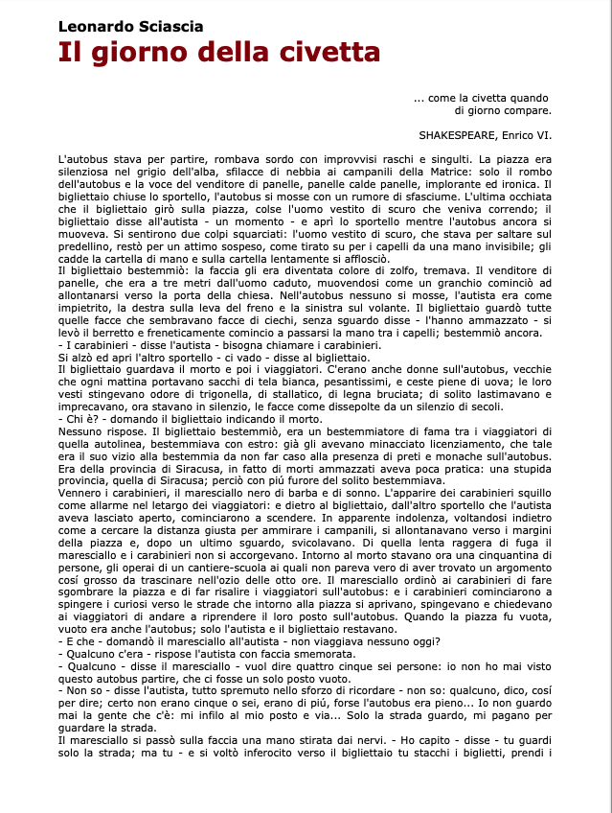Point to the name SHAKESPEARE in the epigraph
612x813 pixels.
456,134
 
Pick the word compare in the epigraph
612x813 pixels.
528,110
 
